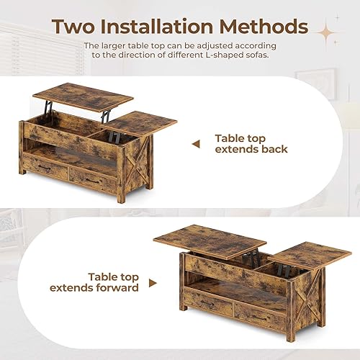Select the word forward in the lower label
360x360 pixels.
pos(114,288)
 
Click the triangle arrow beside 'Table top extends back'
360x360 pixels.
pos(195,144)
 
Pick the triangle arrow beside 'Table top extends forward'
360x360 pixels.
pos(153,282)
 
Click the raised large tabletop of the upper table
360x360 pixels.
pos(83,94)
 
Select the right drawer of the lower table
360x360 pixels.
pos(260,315)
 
